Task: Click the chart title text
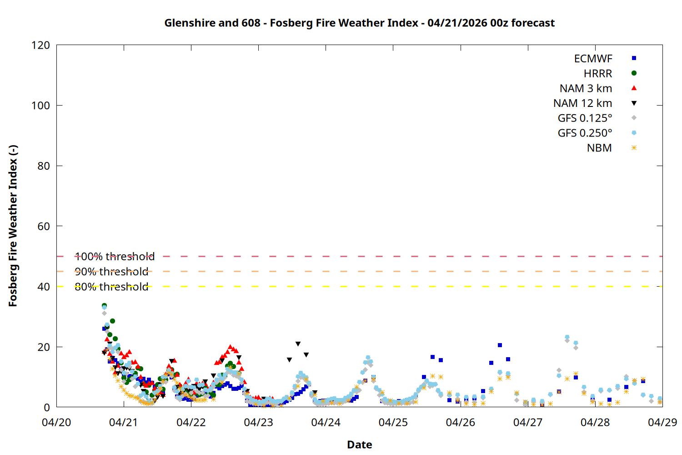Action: [359, 23]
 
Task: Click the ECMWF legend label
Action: [593, 59]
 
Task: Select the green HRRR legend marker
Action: [634, 73]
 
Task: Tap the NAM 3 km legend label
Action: [586, 88]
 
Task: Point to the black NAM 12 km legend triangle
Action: [634, 103]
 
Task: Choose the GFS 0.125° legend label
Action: [585, 118]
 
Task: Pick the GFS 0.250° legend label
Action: [585, 133]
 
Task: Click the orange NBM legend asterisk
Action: [634, 148]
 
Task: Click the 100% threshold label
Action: [115, 257]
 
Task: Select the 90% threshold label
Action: [111, 272]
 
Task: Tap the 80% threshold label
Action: [111, 287]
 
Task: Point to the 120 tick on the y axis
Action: [41, 45]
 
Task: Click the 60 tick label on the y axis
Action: [44, 226]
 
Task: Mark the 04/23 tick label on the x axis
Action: [258, 422]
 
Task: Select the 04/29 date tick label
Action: [662, 422]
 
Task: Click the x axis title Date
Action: [359, 445]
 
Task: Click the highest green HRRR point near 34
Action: [104, 306]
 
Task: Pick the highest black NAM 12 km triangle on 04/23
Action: [298, 344]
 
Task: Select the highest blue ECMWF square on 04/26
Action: [500, 345]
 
